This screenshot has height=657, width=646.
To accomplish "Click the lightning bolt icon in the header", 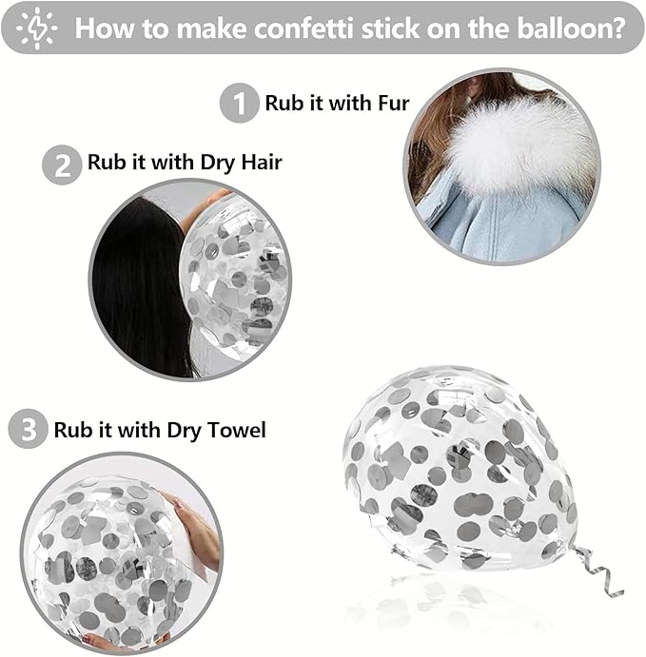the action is pyautogui.click(x=37, y=29).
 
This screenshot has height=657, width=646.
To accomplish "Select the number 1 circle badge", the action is pyautogui.click(x=240, y=103).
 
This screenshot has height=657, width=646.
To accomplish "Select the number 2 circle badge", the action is pyautogui.click(x=62, y=164).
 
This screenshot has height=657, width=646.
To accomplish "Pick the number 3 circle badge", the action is pyautogui.click(x=29, y=429).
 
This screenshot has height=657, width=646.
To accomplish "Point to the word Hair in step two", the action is pyautogui.click(x=262, y=162).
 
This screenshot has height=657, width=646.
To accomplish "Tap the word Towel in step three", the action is pyautogui.click(x=237, y=430).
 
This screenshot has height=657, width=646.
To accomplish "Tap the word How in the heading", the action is pyautogui.click(x=106, y=29).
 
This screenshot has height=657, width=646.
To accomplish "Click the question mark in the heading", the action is pyautogui.click(x=617, y=29).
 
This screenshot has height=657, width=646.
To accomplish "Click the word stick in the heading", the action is pyautogui.click(x=391, y=29).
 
